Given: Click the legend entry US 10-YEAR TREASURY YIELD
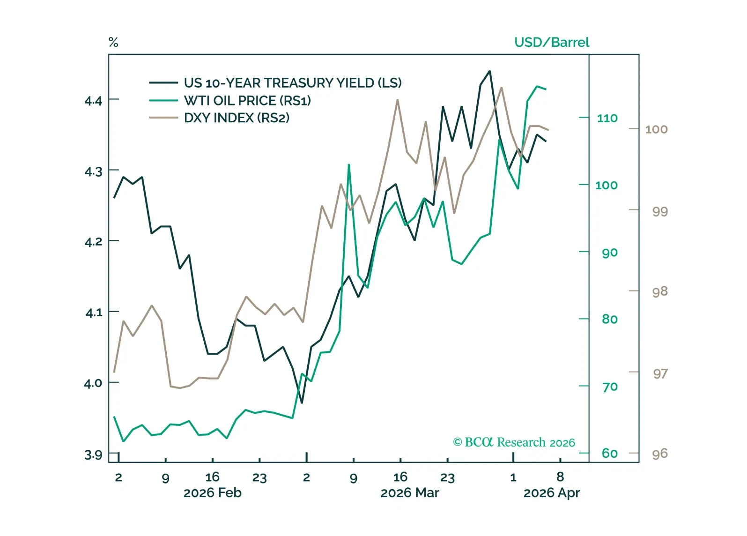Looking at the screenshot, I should coord(292,83).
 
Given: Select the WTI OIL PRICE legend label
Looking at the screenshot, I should coord(247,100).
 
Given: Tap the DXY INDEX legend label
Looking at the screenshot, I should coord(236,118).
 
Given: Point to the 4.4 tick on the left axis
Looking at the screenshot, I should coord(93,100).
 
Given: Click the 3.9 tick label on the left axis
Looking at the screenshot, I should coord(93,454).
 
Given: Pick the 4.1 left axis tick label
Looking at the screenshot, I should coord(93,313).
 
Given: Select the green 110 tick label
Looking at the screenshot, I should coord(607,118).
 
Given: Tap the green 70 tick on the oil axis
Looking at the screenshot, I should coord(610,387).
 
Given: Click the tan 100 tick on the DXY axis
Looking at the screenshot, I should coord(656,129).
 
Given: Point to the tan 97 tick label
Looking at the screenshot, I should coord(660,374).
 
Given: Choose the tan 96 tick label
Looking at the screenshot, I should coord(659,454).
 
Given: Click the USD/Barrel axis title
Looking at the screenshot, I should coord(551,42).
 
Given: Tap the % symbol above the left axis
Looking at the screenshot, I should coord(113,42).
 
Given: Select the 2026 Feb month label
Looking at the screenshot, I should coord(212,493).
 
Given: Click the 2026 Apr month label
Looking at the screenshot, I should coord(551,493).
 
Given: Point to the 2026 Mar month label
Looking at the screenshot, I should coord(409,493).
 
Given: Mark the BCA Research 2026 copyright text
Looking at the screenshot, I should coord(514,442).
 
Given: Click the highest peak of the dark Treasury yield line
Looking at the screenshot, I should coord(489,71).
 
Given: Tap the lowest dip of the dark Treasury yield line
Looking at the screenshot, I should coord(302,402).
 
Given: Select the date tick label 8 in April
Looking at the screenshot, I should coord(560,477).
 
